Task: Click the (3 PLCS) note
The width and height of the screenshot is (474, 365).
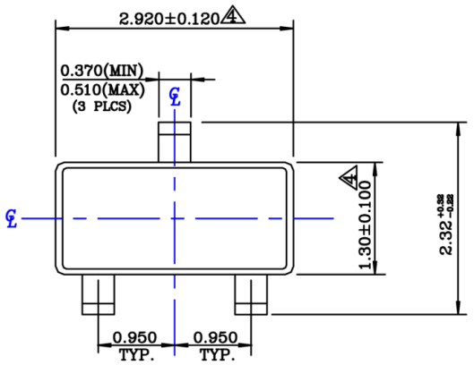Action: tap(100, 106)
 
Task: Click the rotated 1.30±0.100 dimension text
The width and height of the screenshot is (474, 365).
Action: tap(365, 228)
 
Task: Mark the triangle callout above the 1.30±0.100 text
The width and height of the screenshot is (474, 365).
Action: tap(349, 178)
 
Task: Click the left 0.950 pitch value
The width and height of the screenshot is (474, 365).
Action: tap(134, 338)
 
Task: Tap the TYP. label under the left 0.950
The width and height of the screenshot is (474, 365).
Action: tap(134, 354)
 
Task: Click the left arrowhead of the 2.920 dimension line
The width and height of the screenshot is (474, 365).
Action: tap(61, 27)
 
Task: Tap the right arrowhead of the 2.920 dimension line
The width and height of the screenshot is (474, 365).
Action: tap(292, 27)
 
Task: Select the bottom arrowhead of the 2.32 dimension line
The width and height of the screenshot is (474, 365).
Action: tap(458, 310)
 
